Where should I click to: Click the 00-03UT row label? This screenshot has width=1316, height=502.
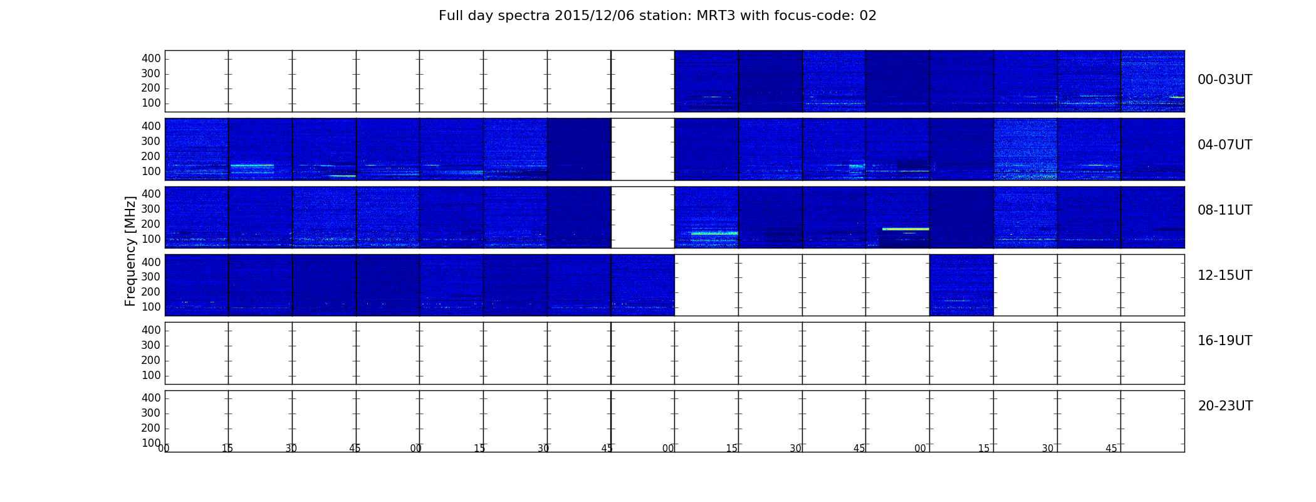(1225, 80)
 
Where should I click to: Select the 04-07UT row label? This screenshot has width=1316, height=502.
(1225, 145)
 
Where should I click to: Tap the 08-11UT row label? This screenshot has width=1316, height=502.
(1225, 210)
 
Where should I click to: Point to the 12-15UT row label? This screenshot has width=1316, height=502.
(1225, 275)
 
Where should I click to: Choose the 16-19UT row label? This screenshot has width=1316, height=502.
(1225, 341)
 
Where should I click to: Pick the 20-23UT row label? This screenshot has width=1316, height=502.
(1225, 406)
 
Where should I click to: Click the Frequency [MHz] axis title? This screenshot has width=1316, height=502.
(130, 251)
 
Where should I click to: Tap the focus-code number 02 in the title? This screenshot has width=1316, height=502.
(868, 16)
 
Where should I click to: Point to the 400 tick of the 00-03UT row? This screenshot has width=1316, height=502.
(151, 58)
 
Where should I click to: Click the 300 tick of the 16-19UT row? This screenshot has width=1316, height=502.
(151, 345)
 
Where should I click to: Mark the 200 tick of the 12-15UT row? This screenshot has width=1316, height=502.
(151, 292)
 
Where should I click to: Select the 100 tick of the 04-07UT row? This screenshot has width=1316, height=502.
(151, 171)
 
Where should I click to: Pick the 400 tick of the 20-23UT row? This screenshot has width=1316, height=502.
(151, 398)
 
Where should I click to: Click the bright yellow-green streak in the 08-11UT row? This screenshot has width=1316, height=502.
(906, 229)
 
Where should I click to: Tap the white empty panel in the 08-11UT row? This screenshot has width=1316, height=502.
(643, 217)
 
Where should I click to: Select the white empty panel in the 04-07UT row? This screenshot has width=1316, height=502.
(643, 149)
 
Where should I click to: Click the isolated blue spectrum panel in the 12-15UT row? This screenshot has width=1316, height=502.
(961, 285)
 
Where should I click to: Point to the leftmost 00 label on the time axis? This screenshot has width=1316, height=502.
(164, 449)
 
